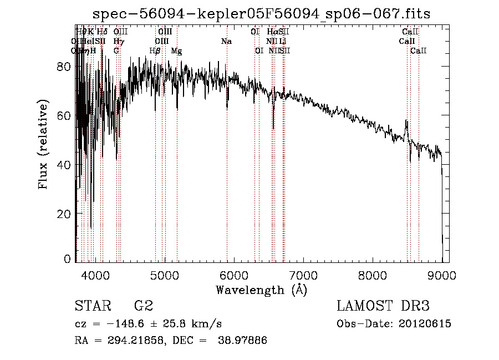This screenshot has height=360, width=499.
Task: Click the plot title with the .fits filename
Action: coord(261,13)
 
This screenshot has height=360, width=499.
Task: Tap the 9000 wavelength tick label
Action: coord(442,273)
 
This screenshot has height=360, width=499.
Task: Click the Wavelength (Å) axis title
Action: coord(261,289)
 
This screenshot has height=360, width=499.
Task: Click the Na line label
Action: coord(226,41)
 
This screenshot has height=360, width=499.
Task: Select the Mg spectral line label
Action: coord(176,50)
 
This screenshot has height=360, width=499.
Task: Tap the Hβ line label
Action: coord(155,50)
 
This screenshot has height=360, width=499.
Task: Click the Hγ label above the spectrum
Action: coord(118,41)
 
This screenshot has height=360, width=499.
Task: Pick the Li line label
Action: coord(283,41)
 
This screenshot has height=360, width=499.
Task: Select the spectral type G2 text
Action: coord(144,306)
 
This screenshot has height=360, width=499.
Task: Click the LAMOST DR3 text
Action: coord(383,306)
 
